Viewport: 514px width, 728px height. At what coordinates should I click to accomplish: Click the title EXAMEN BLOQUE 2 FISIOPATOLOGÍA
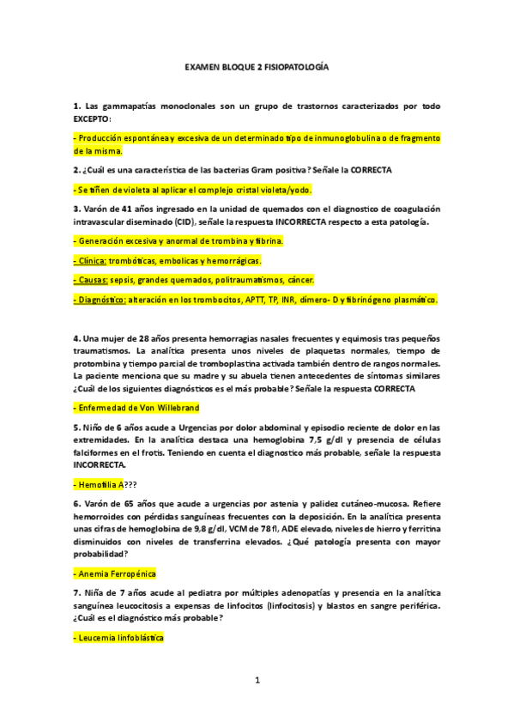(x=257, y=66)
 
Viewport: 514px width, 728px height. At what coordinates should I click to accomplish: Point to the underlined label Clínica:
(x=91, y=260)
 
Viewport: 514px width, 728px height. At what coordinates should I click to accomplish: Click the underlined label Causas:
(x=92, y=280)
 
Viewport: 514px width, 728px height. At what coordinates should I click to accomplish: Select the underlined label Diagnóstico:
(x=101, y=300)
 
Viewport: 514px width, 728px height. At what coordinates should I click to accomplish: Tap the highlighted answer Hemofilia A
(x=100, y=483)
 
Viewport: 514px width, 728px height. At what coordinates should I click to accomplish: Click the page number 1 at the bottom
(x=257, y=681)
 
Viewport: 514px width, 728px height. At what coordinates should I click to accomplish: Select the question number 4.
(x=76, y=338)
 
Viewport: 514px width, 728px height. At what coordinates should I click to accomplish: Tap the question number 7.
(x=76, y=593)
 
